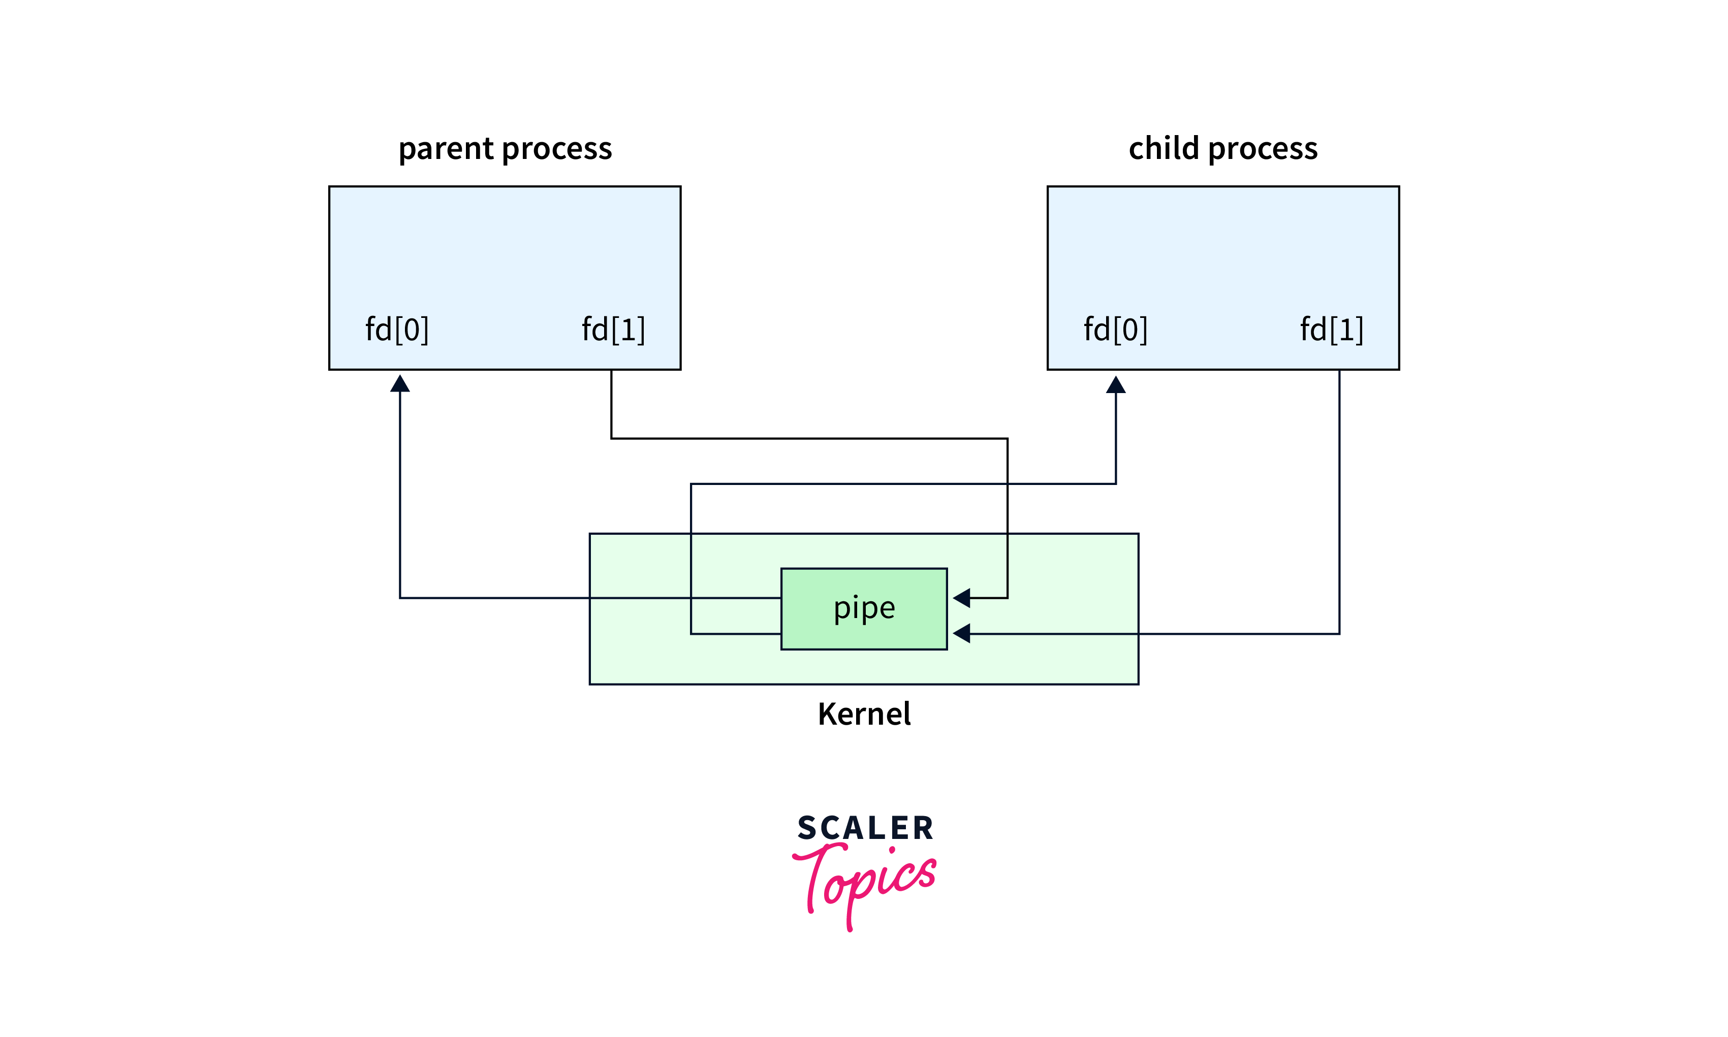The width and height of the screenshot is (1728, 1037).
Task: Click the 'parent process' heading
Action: (505, 149)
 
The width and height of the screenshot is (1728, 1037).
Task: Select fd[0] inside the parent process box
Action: (397, 329)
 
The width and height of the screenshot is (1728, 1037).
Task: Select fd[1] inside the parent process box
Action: (613, 329)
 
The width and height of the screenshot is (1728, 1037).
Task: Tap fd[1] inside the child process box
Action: (1332, 329)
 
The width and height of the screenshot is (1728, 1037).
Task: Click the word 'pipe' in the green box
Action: (864, 608)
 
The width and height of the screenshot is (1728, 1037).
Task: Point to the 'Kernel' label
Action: (864, 714)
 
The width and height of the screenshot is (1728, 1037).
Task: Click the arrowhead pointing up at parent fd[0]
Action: (400, 383)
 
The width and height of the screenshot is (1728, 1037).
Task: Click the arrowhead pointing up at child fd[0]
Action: (1116, 384)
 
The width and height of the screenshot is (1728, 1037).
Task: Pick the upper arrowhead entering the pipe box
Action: (962, 597)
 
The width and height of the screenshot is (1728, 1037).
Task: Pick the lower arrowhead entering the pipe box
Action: (962, 633)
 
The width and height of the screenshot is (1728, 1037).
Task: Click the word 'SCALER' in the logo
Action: (865, 828)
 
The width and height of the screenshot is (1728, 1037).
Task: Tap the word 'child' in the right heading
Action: (1164, 149)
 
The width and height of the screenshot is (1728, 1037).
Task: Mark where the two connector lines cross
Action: (1008, 483)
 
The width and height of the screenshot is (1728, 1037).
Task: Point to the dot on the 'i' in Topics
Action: (892, 851)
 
